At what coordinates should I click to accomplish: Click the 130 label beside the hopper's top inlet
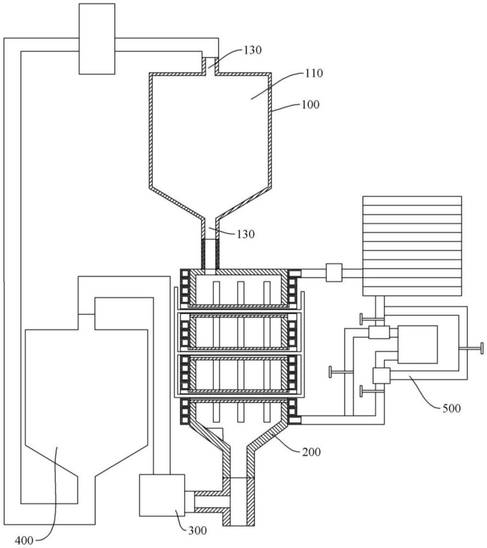point(252,50)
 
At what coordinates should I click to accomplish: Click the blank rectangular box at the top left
point(97,38)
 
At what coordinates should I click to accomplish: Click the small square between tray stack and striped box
point(333,272)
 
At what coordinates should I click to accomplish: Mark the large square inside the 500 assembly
point(417,344)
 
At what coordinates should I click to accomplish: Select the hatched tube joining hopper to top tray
point(210,255)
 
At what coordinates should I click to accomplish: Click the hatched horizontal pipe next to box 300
point(208,500)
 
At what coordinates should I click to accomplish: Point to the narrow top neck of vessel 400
point(87,322)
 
